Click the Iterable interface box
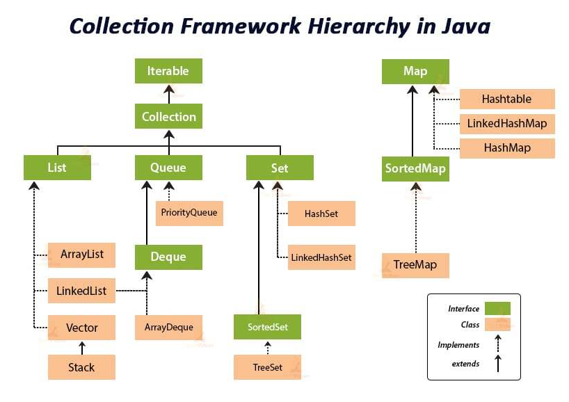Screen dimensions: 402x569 click(168, 71)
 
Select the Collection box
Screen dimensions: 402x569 click(168, 116)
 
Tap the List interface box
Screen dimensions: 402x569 click(57, 168)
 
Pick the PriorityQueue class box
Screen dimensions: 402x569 click(189, 212)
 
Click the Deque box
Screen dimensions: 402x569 click(168, 257)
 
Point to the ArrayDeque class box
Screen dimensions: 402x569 click(168, 327)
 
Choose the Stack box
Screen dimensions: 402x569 click(81, 367)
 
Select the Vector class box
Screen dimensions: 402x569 click(81, 328)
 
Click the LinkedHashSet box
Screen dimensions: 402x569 click(321, 257)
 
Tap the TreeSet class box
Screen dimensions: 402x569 click(268, 367)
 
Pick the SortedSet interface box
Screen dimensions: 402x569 click(268, 326)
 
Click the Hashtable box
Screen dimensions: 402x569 click(506, 99)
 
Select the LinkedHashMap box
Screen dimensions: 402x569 click(506, 124)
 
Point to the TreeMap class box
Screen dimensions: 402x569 click(415, 265)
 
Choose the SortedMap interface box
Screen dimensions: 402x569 click(415, 168)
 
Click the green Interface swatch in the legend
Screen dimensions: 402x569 click(497, 308)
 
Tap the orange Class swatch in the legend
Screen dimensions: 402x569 click(497, 324)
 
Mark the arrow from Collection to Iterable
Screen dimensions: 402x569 click(168, 93)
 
